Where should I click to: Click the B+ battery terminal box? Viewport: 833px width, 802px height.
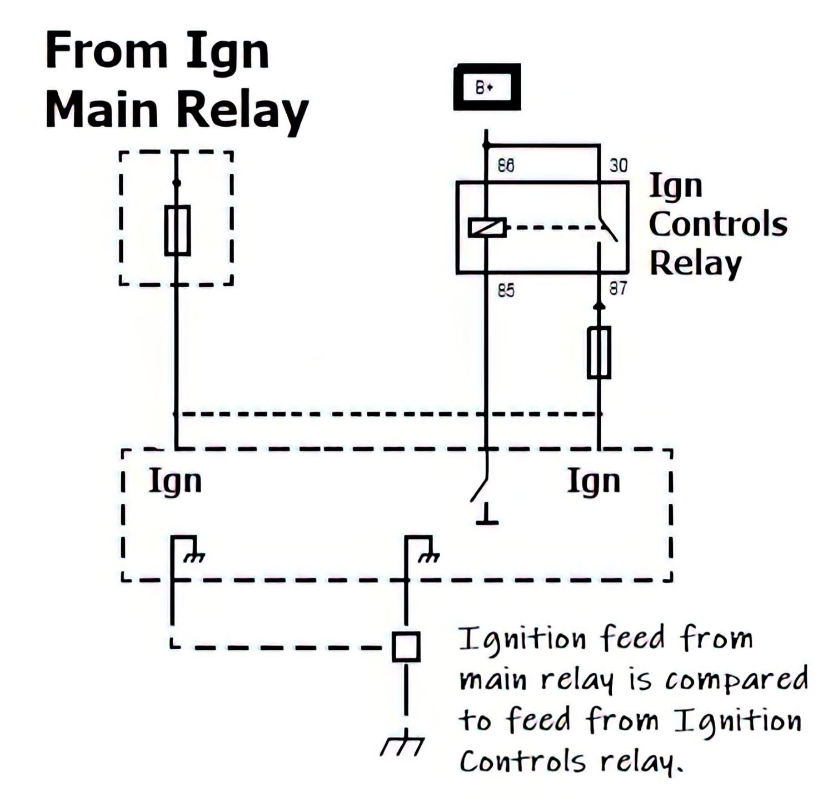(487, 87)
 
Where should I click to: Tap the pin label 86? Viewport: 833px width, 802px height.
(506, 166)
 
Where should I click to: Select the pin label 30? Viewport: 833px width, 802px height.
(618, 166)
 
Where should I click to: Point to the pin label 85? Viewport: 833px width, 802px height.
(506, 290)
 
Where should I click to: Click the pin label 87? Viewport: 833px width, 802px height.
(618, 289)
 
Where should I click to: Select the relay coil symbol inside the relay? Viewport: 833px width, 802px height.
(487, 228)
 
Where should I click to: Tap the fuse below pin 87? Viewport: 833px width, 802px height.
(599, 353)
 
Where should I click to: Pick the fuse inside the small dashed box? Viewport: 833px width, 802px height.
(177, 230)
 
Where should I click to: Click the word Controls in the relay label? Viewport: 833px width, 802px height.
(717, 224)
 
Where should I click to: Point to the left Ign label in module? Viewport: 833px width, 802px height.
(175, 482)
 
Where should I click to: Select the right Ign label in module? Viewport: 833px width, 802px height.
(593, 482)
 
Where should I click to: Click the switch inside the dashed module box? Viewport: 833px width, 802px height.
(480, 489)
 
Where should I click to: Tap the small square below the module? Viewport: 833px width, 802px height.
(406, 646)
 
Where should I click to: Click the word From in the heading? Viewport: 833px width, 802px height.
(106, 51)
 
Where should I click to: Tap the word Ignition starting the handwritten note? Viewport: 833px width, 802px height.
(522, 640)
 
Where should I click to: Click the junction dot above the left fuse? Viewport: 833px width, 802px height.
(177, 183)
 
